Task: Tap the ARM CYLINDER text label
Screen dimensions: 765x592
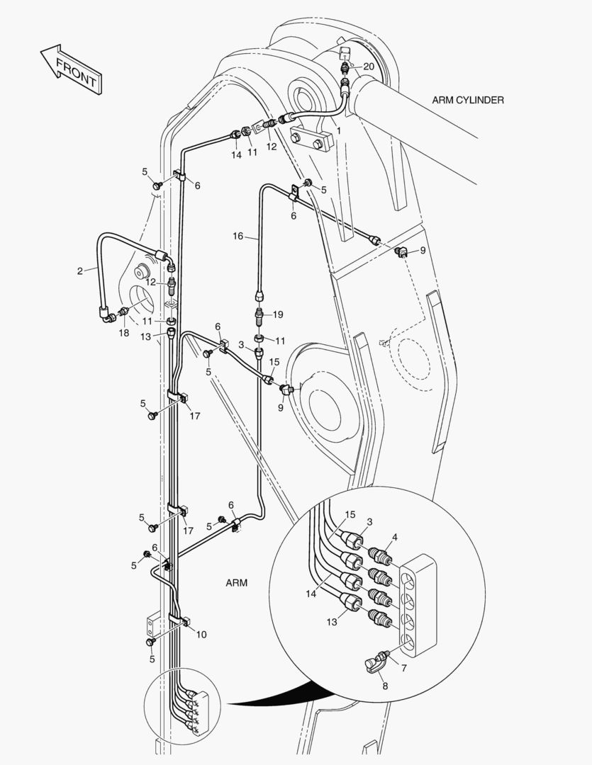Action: pyautogui.click(x=468, y=100)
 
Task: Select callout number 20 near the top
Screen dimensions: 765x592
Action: pyautogui.click(x=369, y=66)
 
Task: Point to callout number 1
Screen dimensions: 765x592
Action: pyautogui.click(x=339, y=131)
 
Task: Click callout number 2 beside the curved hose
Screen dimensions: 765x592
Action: pyautogui.click(x=81, y=270)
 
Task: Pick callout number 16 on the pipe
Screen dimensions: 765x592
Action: pyautogui.click(x=238, y=235)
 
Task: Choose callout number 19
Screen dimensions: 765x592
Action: pyautogui.click(x=278, y=314)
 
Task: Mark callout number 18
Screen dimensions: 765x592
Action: pyautogui.click(x=124, y=333)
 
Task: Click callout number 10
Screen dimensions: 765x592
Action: pyautogui.click(x=201, y=635)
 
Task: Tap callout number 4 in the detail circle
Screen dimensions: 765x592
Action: pyautogui.click(x=394, y=537)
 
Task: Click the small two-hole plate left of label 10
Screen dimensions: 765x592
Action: pyautogui.click(x=152, y=626)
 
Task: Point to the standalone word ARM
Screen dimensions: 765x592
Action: pyautogui.click(x=236, y=583)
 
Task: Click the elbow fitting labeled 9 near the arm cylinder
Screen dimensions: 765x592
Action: pyautogui.click(x=400, y=251)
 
